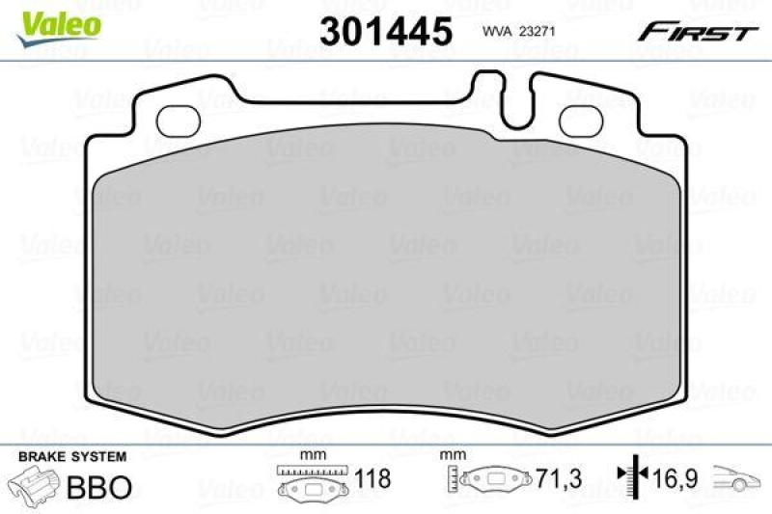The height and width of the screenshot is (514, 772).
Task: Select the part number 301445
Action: [385, 32]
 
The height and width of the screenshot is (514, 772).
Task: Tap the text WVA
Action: [497, 32]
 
